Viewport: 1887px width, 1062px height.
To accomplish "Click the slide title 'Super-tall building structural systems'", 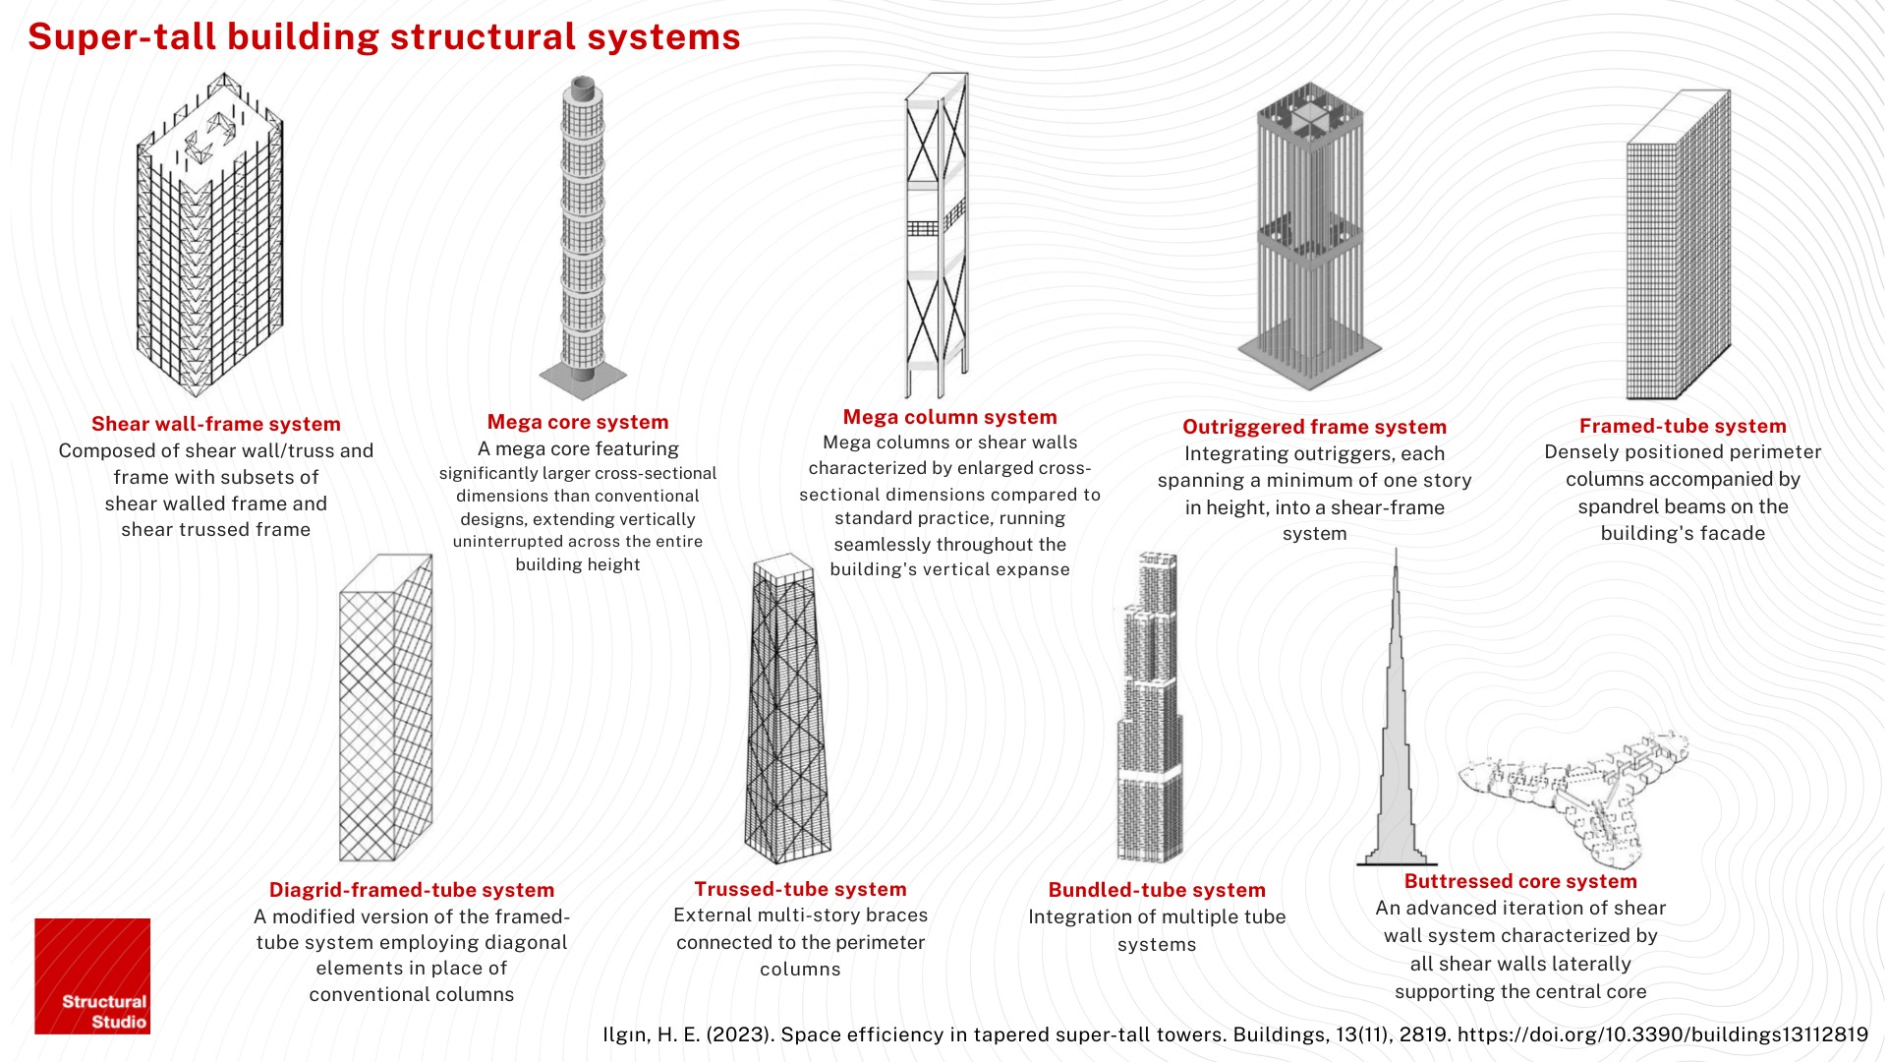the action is (x=384, y=37).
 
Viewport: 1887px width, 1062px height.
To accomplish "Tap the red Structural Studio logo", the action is (x=92, y=976).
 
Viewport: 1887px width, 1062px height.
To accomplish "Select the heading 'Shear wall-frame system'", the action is (x=216, y=424).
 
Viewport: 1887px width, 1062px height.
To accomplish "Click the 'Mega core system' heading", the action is (x=578, y=422).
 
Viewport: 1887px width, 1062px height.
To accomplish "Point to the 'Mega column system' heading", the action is (x=950, y=417).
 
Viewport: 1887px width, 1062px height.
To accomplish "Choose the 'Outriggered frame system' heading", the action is (x=1315, y=427).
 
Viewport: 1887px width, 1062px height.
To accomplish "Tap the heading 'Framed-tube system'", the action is (x=1683, y=426).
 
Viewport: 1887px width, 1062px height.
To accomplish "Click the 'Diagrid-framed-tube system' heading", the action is (x=412, y=890).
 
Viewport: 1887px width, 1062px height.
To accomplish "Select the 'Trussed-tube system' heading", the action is (x=801, y=889).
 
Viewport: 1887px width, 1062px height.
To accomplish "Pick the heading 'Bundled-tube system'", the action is (x=1157, y=890).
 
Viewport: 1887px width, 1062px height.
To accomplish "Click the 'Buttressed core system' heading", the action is (x=1520, y=881).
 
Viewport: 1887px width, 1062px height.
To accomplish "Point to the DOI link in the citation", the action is (x=1663, y=1034).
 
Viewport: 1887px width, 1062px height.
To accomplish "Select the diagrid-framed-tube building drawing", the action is (x=385, y=708).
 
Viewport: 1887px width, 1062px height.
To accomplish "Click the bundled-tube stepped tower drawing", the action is (x=1149, y=708).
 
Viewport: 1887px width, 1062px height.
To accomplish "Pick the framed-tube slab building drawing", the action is (x=1679, y=245).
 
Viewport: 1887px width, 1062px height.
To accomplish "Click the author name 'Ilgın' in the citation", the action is (x=626, y=1034).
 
